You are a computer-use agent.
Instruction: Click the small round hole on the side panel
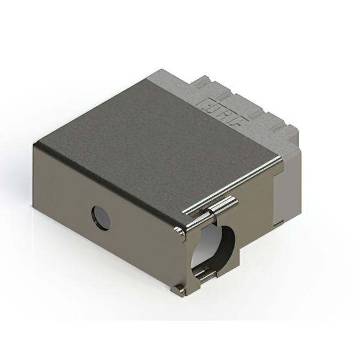coord(101,218)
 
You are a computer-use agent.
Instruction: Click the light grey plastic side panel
coord(285,191)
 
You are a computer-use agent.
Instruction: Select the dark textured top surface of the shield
coord(152,141)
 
